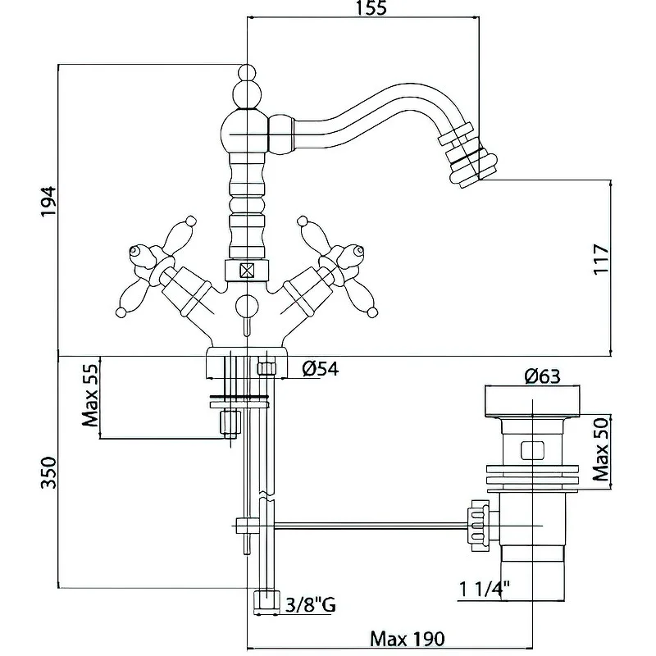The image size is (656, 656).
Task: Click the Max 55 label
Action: pyautogui.click(x=89, y=397)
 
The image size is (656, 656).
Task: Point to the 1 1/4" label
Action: pyautogui.click(x=486, y=589)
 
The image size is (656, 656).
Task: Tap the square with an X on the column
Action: pyautogui.click(x=246, y=271)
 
